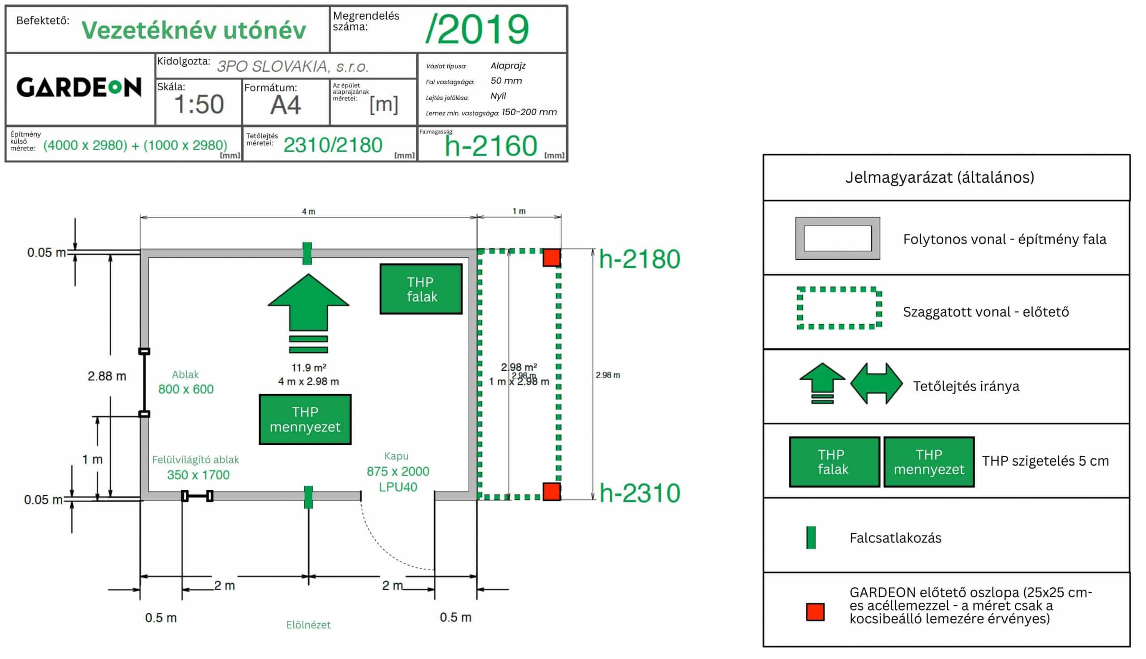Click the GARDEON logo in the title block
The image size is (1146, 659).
tap(79, 87)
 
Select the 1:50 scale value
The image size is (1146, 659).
tap(199, 105)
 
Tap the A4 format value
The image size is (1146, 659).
tap(286, 105)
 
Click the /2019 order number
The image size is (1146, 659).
tap(477, 30)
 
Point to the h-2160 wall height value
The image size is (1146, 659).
tap(491, 146)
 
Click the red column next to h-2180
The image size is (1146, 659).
tap(552, 257)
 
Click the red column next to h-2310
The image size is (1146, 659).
tap(552, 492)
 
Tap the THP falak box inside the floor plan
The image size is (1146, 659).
tap(421, 289)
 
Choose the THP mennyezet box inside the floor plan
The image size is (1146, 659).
tap(305, 419)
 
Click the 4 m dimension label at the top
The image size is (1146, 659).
tap(308, 211)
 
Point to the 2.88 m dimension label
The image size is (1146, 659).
tap(107, 376)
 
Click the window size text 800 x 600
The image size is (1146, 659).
tap(185, 389)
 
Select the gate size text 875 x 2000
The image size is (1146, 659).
tap(398, 471)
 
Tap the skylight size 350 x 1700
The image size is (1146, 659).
tap(198, 475)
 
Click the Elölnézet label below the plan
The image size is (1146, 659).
tap(308, 625)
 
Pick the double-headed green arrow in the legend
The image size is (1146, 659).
tap(876, 384)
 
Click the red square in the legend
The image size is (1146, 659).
tap(815, 612)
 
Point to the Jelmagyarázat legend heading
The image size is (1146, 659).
tap(939, 177)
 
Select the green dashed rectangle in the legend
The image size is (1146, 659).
tap(839, 308)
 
